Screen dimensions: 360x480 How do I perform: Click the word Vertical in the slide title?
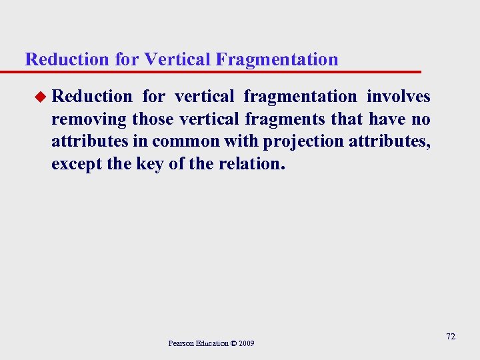(177, 59)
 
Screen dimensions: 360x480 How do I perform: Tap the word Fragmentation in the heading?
(277, 59)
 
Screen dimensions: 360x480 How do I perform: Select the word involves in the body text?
(399, 97)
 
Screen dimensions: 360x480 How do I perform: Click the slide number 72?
(451, 337)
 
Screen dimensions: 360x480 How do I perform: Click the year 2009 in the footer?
(246, 343)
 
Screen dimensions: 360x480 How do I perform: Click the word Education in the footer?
(210, 343)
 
